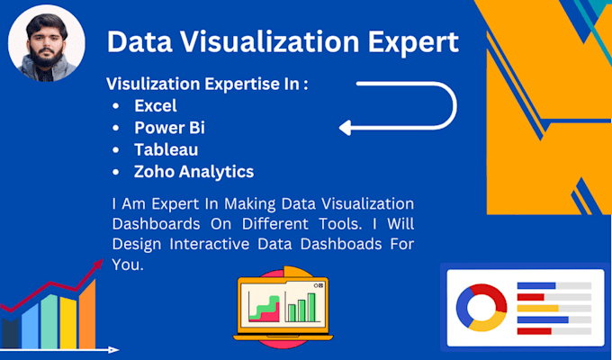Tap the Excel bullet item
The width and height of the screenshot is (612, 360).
[156, 106]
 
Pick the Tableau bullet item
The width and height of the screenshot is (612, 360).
[166, 149]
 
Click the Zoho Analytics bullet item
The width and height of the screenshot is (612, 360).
[193, 171]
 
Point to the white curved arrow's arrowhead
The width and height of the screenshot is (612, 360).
[346, 128]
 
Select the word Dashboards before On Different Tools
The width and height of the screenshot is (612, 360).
[149, 222]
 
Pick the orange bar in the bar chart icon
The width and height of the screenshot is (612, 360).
[86, 316]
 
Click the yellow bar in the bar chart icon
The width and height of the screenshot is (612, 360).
[67, 324]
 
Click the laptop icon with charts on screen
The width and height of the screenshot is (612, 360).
[281, 309]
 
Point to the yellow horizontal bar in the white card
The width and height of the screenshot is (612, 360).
[538, 308]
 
